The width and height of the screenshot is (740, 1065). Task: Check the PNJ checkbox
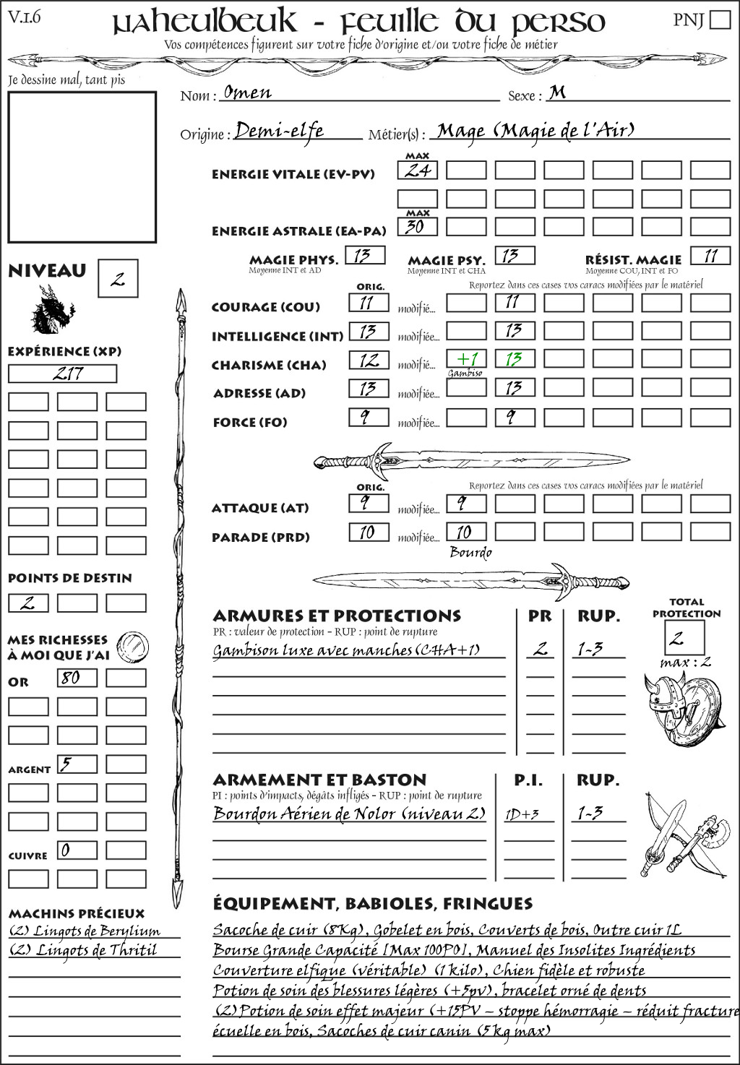coord(720,19)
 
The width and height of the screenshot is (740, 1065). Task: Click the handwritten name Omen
coord(247,92)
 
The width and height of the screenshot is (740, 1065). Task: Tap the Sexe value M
coord(556,92)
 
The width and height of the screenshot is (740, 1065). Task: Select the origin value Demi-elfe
coord(280,131)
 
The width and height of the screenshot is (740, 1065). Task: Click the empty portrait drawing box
coord(82,167)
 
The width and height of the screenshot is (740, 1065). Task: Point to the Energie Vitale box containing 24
coord(418,171)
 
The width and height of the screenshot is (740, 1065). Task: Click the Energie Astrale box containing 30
coord(418,227)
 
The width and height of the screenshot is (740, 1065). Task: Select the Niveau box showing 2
coord(118,279)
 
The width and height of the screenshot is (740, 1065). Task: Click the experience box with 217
coord(62,374)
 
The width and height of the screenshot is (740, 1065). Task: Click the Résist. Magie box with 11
coord(710,256)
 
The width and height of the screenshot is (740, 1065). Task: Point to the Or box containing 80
coord(77,678)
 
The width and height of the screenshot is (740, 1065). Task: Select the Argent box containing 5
coord(77,764)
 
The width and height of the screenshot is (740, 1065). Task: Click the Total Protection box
coord(684,638)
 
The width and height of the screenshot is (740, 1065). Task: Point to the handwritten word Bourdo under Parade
coord(470,553)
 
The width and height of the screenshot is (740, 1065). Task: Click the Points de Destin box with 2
coord(28,603)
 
